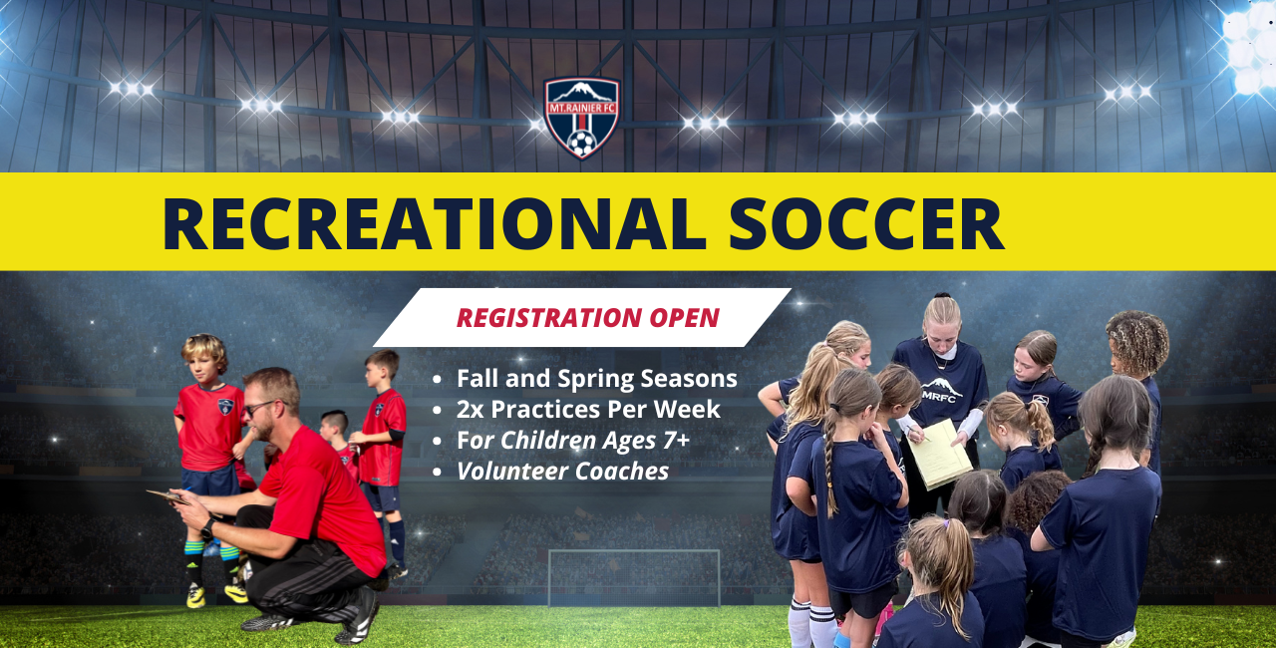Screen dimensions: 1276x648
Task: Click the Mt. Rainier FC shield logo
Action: [581, 118]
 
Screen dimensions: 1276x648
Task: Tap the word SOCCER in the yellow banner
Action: [866, 223]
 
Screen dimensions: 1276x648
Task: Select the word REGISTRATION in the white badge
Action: [549, 318]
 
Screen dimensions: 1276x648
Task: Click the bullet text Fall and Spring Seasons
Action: [597, 379]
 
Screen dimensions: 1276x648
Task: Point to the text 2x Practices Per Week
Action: [588, 410]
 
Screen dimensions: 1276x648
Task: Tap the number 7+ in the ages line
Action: [676, 441]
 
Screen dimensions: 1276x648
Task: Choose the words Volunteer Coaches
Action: [563, 472]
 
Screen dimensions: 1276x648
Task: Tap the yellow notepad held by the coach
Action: [939, 455]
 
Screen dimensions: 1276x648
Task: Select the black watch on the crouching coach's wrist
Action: [207, 529]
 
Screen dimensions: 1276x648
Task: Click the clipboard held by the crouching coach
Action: [169, 496]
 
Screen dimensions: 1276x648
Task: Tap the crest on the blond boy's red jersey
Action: [226, 407]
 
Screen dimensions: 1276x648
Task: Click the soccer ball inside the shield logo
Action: [581, 143]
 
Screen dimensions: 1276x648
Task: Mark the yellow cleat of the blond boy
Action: [195, 595]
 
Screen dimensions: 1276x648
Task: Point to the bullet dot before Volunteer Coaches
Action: [437, 472]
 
